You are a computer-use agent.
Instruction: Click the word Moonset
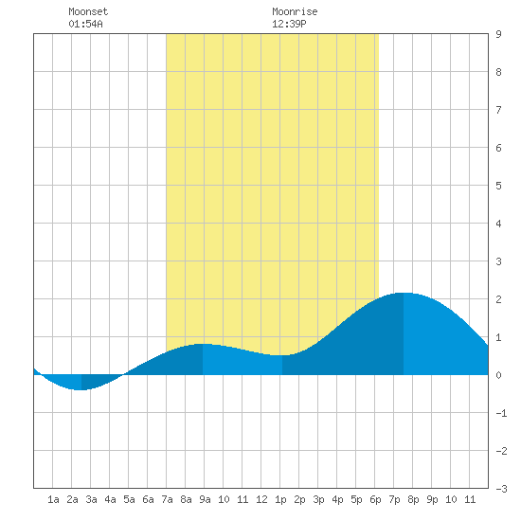(88, 11)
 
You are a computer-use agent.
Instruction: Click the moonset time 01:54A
(85, 24)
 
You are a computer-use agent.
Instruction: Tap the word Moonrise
(295, 11)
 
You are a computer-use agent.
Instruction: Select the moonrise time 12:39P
(289, 24)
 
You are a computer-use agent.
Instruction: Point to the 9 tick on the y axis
(498, 34)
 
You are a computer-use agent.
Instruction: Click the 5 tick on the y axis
(498, 186)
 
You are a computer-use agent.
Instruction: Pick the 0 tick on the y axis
(498, 375)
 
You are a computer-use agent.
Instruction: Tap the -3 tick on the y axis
(501, 489)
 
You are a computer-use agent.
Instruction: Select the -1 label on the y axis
(501, 413)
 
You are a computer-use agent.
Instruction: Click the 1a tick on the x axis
(53, 499)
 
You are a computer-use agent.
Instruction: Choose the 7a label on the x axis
(167, 499)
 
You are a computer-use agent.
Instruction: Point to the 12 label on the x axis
(261, 499)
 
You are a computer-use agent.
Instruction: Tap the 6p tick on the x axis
(375, 499)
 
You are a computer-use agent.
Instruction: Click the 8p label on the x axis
(413, 499)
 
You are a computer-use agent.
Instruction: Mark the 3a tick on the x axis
(91, 499)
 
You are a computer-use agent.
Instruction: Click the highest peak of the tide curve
(404, 293)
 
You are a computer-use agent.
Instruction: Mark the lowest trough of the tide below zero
(81, 389)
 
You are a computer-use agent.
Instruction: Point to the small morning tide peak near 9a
(203, 344)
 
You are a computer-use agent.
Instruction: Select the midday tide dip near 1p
(281, 355)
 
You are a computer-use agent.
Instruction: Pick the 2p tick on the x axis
(299, 499)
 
